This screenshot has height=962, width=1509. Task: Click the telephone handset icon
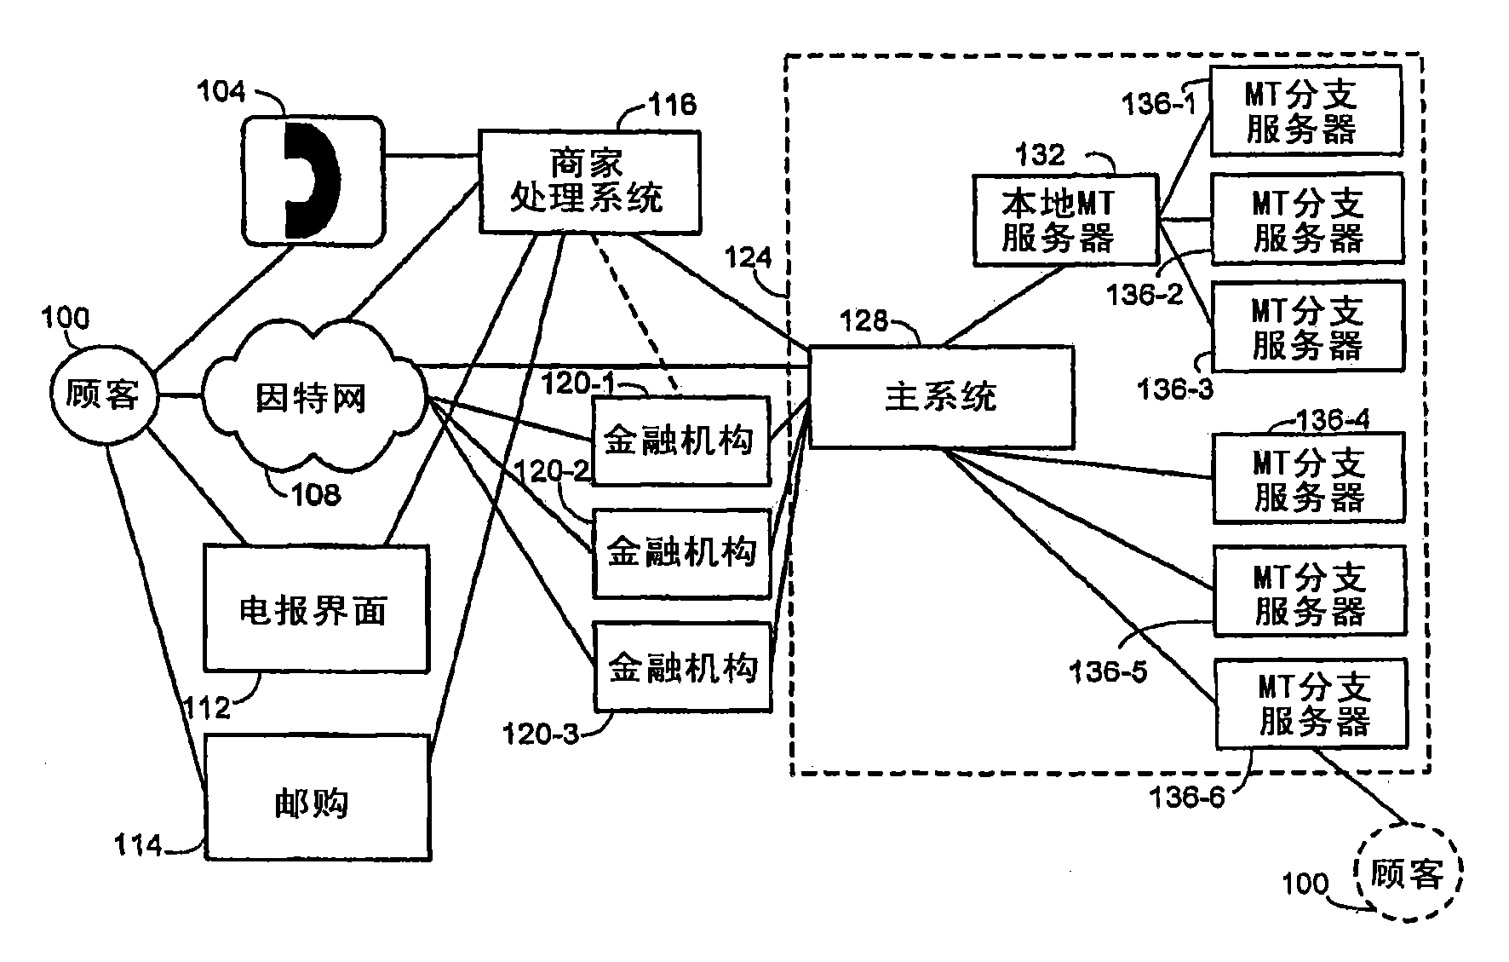[312, 181]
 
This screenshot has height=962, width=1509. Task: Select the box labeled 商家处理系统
[588, 181]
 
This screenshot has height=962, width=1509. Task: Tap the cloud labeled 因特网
[312, 397]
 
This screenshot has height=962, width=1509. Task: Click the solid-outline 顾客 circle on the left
[103, 395]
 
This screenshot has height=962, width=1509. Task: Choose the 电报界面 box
[315, 608]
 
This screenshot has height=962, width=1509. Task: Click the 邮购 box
[315, 799]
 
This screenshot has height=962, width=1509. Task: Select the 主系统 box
[940, 397]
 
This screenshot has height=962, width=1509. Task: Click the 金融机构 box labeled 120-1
[680, 441]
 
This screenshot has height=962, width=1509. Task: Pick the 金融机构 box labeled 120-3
[682, 667]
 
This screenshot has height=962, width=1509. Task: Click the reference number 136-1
[1157, 105]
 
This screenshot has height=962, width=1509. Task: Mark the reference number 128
[864, 321]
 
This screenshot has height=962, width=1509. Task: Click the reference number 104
[221, 92]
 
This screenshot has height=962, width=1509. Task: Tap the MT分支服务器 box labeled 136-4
[1307, 477]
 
